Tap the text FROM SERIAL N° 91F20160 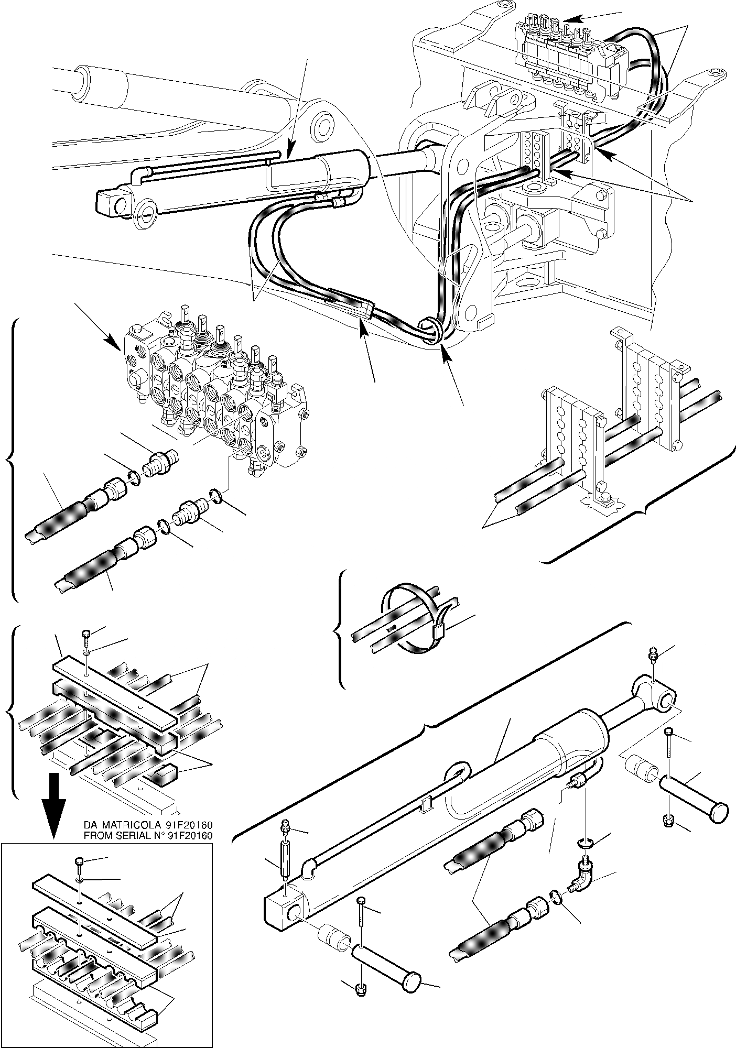click(x=148, y=835)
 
